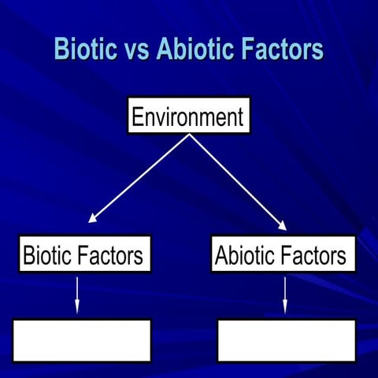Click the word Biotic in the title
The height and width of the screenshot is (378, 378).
tap(80, 49)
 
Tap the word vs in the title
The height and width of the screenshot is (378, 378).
tap(131, 50)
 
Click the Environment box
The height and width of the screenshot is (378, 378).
tap(189, 116)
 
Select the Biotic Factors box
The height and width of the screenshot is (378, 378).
tap(84, 254)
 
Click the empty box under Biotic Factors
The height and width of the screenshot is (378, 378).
tap(82, 340)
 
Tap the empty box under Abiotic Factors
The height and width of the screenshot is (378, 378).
tap(286, 340)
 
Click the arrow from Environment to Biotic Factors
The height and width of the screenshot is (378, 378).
tap(140, 178)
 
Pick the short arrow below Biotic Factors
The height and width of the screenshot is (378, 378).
tap(77, 294)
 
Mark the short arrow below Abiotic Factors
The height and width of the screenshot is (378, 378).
tap(284, 294)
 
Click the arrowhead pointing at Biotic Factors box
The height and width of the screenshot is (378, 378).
tap(93, 220)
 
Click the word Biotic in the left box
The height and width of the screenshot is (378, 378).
tap(48, 255)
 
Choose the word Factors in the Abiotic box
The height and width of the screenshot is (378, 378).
tap(315, 255)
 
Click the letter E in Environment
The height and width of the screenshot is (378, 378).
tap(137, 117)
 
